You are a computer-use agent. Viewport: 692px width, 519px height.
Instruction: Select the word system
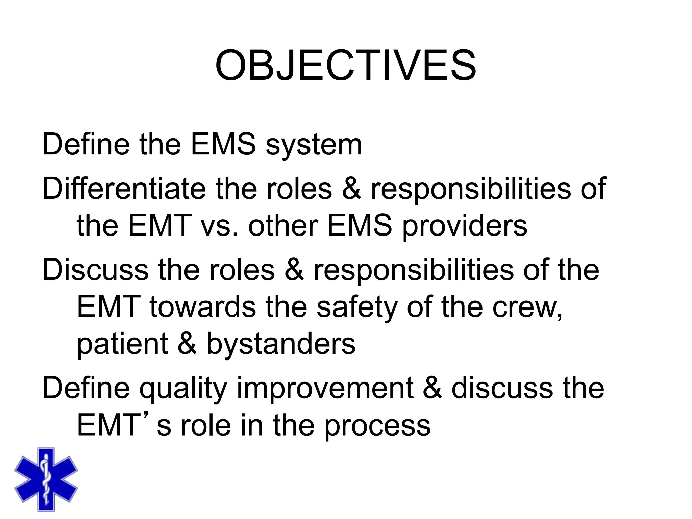tap(314, 145)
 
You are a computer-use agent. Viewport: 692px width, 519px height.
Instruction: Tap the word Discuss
tap(95, 270)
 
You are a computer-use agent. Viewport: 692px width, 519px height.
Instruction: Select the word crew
tap(527, 307)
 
